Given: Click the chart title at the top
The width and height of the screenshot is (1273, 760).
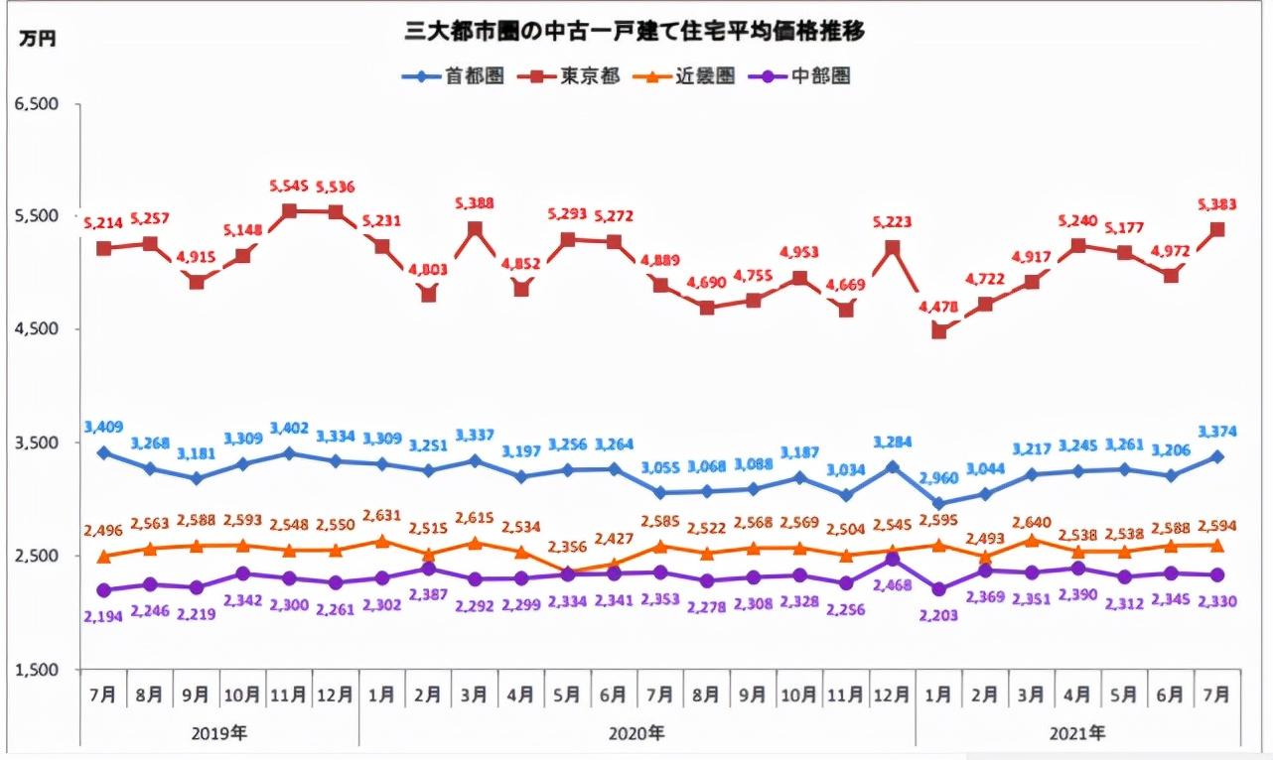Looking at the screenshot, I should tap(636, 32).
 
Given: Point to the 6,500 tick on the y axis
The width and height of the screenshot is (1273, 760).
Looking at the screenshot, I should tap(38, 103).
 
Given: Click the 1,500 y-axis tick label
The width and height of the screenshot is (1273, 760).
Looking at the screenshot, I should tap(38, 670).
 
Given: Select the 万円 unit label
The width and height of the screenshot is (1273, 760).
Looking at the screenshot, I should tap(40, 39).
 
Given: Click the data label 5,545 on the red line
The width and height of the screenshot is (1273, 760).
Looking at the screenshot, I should tap(289, 187).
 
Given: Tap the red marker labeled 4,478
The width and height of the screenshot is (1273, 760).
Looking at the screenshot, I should tap(938, 331).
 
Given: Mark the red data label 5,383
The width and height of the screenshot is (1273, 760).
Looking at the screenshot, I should tap(1216, 205).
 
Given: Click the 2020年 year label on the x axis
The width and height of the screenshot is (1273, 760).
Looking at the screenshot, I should tap(636, 733).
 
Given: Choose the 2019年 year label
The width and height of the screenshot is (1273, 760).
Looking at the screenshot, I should tap(219, 733).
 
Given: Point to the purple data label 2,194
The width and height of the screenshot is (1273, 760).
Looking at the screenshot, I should tap(103, 615).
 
